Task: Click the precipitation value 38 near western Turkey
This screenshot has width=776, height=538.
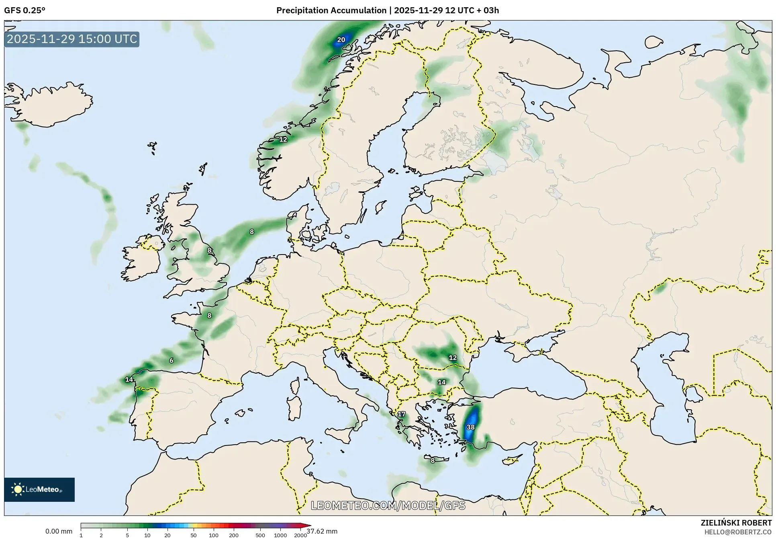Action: tap(470, 427)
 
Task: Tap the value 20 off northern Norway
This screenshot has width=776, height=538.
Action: tap(341, 40)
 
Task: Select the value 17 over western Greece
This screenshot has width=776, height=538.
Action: tap(401, 414)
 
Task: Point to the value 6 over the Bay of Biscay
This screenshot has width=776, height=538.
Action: tap(172, 360)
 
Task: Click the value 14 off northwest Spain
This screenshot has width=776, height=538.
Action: tap(129, 380)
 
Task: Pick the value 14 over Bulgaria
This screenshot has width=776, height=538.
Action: tap(441, 382)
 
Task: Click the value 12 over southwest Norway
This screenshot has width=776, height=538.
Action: tap(283, 140)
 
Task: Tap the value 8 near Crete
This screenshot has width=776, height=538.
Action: tap(433, 460)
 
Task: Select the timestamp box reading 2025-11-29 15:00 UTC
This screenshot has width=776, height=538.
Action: tap(72, 39)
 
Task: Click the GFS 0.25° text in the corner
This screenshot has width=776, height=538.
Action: tap(25, 10)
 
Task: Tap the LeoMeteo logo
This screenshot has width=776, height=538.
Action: tap(39, 489)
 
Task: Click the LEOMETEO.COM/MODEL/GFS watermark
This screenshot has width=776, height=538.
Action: tap(388, 505)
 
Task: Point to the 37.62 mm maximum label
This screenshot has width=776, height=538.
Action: tap(322, 531)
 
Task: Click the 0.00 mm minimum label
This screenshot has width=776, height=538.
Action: tap(59, 531)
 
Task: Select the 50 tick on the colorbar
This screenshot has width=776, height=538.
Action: tap(194, 535)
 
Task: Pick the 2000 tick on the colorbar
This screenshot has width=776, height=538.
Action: tap(300, 535)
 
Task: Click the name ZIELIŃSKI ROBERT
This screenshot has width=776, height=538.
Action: tap(736, 523)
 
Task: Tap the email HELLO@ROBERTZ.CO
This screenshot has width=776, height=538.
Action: tap(738, 532)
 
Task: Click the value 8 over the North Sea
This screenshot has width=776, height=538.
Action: tap(252, 232)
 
